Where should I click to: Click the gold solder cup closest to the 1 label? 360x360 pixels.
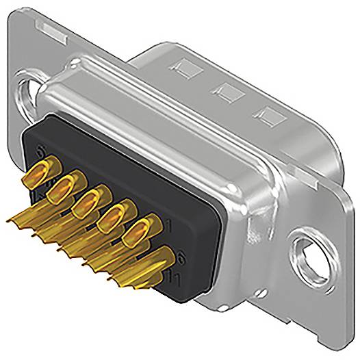(141, 230)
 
